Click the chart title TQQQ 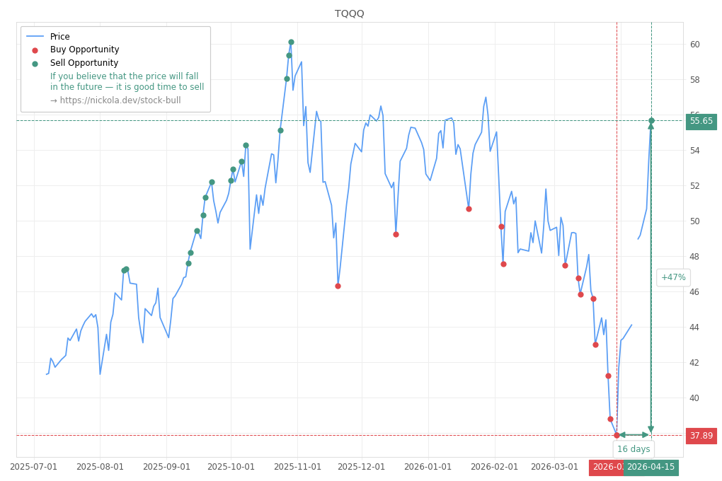[349, 13]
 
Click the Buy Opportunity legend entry [84, 50]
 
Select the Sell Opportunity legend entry [84, 63]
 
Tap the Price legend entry [59, 37]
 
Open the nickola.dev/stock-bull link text [115, 100]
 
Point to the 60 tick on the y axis [694, 45]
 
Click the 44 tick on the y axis [694, 328]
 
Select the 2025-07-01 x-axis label [34, 467]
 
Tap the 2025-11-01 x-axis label [297, 467]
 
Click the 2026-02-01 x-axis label [494, 467]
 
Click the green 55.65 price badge [701, 121]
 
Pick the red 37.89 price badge [701, 436]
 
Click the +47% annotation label [672, 277]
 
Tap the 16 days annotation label [633, 449]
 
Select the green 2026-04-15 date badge [651, 467]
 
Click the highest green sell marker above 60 [291, 42]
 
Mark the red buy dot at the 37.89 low [617, 435]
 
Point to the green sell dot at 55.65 [651, 120]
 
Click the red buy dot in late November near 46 [338, 286]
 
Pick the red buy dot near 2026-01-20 [469, 209]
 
